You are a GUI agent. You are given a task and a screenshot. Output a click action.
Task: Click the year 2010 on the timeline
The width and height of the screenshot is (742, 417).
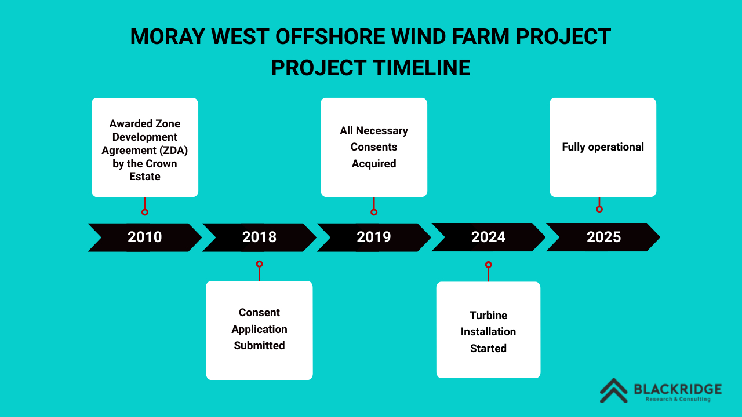[145, 237]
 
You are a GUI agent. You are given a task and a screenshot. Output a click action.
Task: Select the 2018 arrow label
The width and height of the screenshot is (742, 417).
[259, 237]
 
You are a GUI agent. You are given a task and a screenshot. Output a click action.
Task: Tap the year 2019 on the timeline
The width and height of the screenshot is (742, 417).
[374, 237]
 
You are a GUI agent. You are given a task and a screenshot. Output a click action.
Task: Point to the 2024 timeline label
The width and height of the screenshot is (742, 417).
[489, 237]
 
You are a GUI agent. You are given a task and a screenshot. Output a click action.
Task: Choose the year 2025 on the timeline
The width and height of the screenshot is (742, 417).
[603, 237]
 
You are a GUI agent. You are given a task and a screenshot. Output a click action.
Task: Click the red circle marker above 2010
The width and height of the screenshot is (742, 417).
[145, 212]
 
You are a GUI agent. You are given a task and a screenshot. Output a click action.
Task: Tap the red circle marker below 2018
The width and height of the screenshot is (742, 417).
[259, 264]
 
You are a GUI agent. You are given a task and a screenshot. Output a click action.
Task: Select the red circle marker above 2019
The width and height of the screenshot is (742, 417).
[374, 212]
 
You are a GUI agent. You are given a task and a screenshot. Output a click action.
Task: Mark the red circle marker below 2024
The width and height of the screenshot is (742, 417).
[489, 265]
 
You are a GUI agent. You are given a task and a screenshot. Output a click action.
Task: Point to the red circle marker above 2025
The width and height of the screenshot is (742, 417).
[599, 209]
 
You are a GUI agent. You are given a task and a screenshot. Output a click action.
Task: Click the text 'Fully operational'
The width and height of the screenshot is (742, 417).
[603, 147]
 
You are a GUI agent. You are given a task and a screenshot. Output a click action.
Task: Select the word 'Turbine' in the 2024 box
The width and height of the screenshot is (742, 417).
[488, 316]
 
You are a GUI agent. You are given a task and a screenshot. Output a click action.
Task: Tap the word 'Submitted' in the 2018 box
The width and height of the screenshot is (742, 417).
[259, 346]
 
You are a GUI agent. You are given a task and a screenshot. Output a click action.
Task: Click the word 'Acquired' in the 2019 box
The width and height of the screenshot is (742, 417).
[374, 163]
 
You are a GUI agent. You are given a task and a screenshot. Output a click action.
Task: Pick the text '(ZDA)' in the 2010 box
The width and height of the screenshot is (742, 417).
[173, 151]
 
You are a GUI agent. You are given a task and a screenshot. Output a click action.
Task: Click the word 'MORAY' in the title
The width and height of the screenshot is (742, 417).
[168, 36]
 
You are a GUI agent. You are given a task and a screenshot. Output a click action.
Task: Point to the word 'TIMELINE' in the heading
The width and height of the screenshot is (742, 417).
[421, 68]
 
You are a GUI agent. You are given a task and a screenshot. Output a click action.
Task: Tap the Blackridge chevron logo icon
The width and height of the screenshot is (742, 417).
[614, 391]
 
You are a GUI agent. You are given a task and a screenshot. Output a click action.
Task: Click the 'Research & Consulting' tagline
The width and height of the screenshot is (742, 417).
[678, 399]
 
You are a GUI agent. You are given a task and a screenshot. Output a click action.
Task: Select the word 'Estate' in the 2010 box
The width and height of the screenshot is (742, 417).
[145, 177]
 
